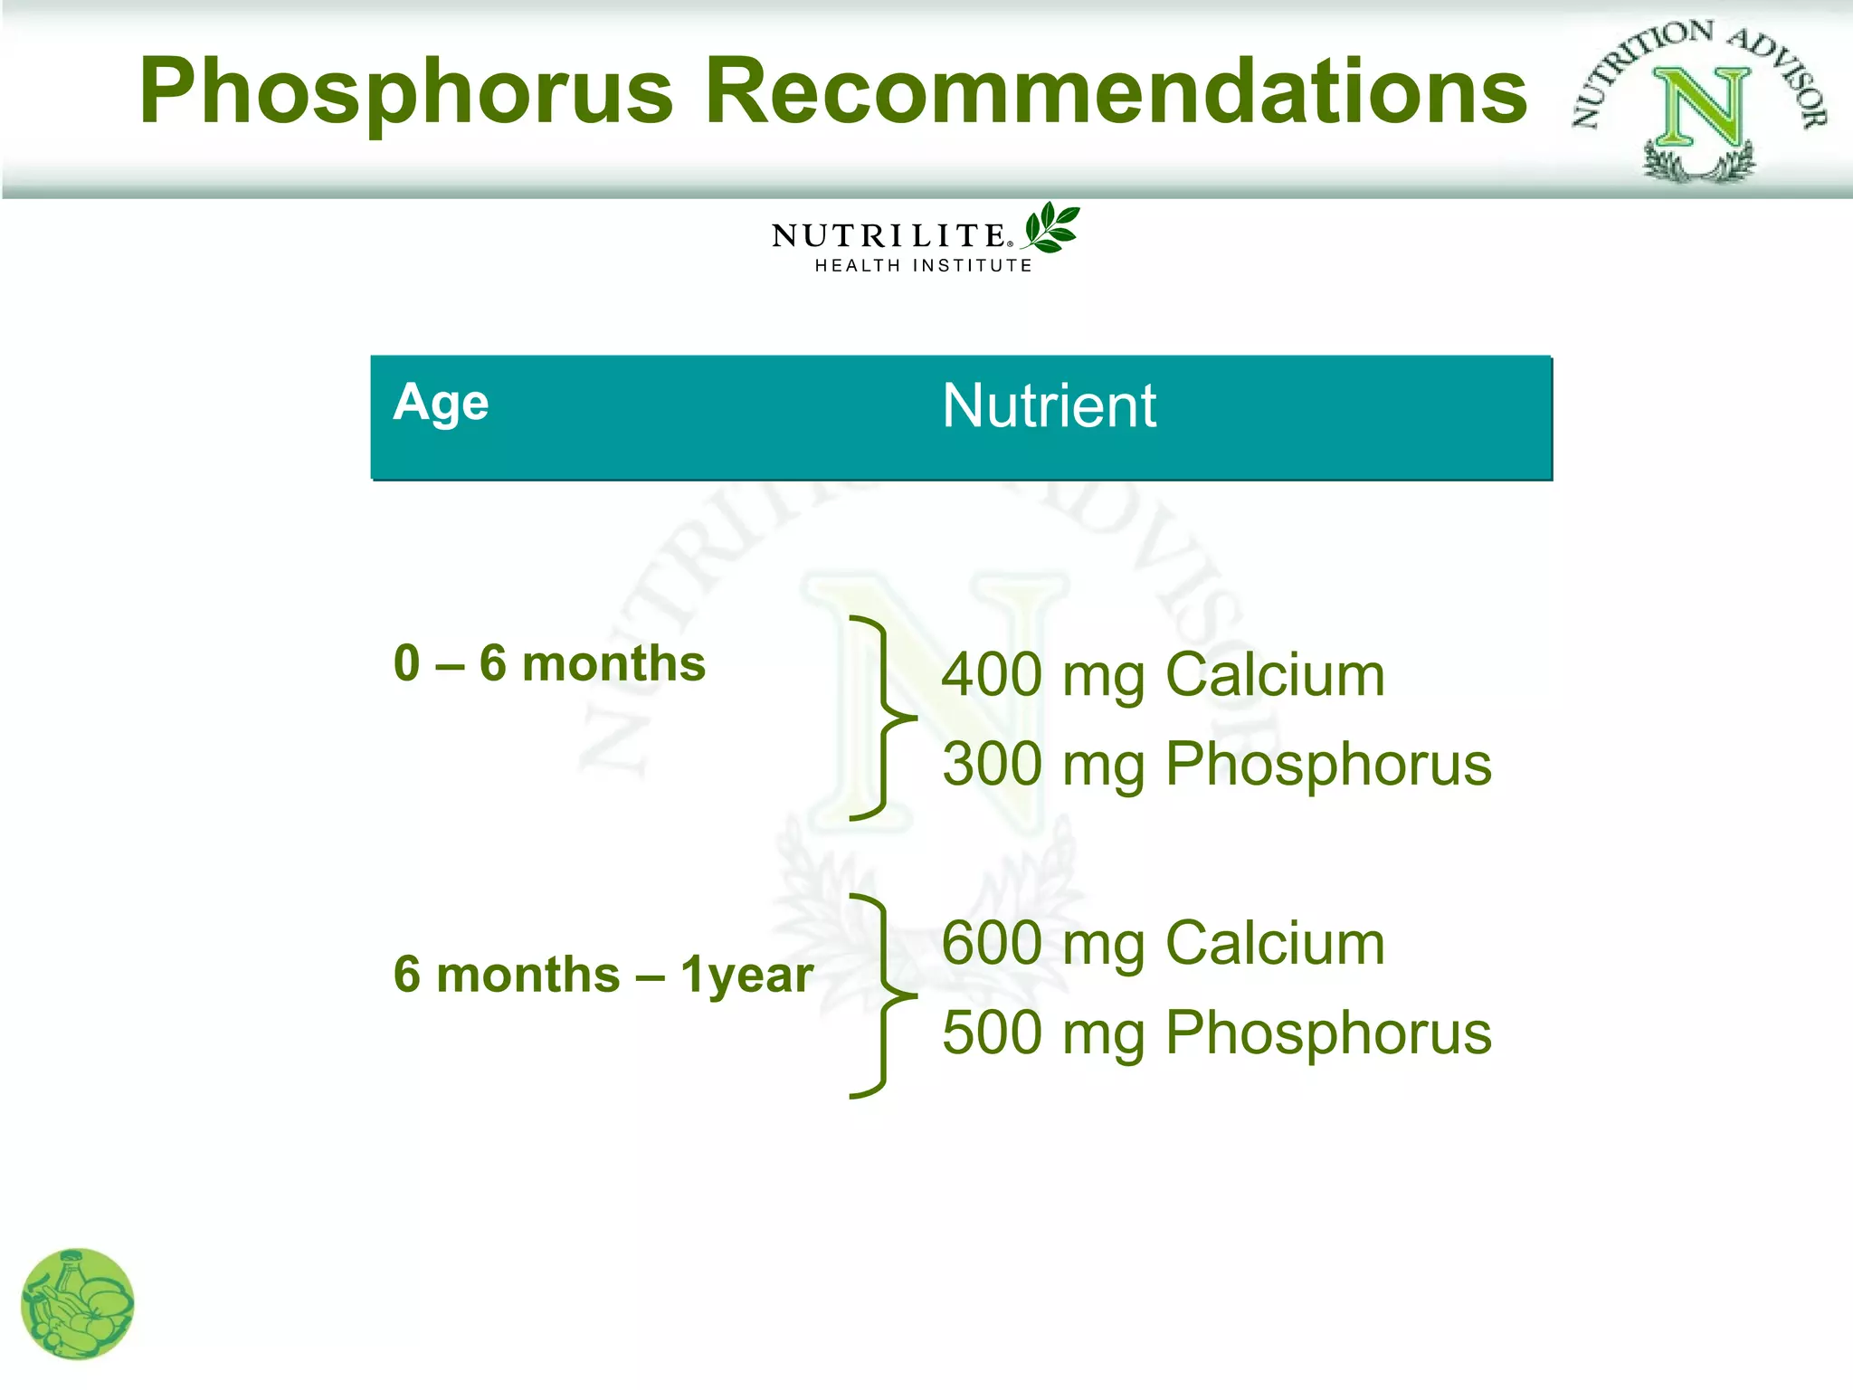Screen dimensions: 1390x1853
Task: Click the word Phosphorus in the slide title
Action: pyautogui.click(x=406, y=92)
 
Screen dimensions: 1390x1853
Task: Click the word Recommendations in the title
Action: pyautogui.click(x=1123, y=92)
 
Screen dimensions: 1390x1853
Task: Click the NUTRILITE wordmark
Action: pyautogui.click(x=890, y=236)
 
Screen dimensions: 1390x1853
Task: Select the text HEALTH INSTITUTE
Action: pyautogui.click(x=924, y=266)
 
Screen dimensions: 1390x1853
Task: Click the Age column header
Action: pyautogui.click(x=441, y=404)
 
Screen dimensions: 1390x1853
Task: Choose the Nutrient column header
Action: pyautogui.click(x=1049, y=405)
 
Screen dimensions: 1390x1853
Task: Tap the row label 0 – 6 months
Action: pyautogui.click(x=549, y=664)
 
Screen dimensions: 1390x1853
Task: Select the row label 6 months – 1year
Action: pyautogui.click(x=603, y=976)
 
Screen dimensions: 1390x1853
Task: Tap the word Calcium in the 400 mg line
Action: pyautogui.click(x=1275, y=675)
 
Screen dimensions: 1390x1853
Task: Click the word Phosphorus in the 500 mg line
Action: pyautogui.click(x=1328, y=1033)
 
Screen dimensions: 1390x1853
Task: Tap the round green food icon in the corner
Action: pyautogui.click(x=78, y=1304)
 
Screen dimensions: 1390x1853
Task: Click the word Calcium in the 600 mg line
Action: pyautogui.click(x=1275, y=944)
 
